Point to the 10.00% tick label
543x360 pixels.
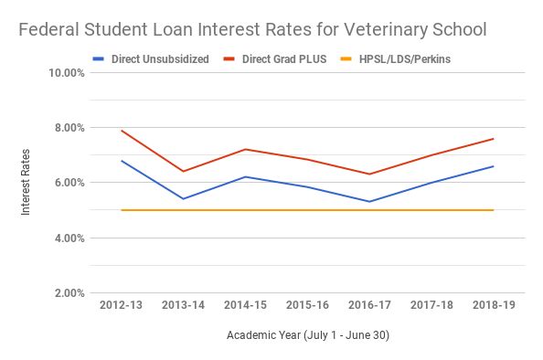point(65,72)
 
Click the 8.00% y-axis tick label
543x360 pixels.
point(68,128)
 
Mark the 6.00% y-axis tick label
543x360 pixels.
point(68,183)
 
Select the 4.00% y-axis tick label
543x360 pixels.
point(68,238)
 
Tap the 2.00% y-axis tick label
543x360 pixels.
point(68,293)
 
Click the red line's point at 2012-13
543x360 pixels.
point(121,131)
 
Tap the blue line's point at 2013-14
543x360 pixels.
point(183,199)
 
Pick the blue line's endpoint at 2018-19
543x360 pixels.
point(494,166)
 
